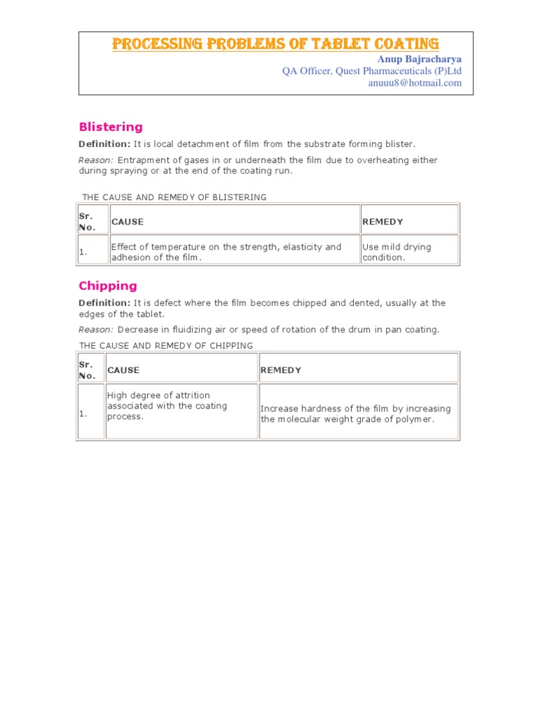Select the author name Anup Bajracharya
click(419, 59)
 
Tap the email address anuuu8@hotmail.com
click(415, 82)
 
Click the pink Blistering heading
click(110, 127)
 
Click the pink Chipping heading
click(107, 285)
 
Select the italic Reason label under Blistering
click(95, 160)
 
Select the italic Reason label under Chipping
click(95, 329)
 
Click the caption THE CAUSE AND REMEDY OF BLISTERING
click(174, 197)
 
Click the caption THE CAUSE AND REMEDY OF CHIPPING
click(166, 346)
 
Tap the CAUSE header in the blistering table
click(128, 222)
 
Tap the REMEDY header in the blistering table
click(382, 222)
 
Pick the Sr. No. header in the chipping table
click(87, 370)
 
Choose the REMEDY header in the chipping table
click(281, 370)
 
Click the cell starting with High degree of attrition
click(167, 406)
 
